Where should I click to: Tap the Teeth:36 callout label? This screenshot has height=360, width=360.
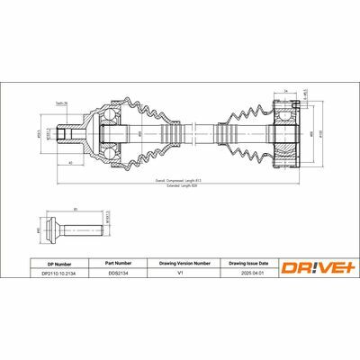(62, 103)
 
